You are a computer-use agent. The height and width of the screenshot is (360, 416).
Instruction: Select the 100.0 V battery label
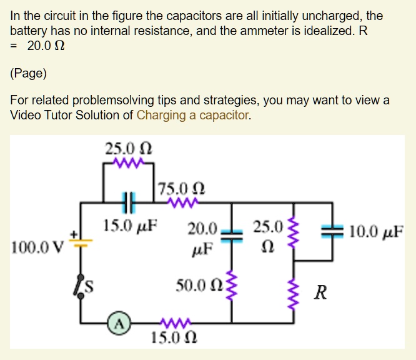tap(37, 244)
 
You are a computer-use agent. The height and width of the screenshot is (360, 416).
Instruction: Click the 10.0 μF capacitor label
tap(377, 232)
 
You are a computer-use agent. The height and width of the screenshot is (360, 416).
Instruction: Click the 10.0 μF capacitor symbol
tap(332, 232)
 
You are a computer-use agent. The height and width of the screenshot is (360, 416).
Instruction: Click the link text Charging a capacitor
tap(192, 115)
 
